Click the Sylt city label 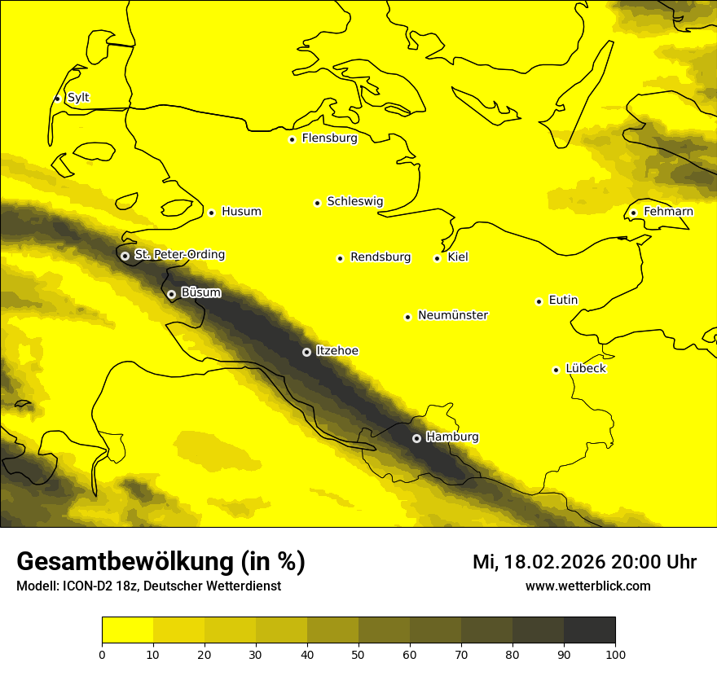78,98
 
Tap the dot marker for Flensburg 292,139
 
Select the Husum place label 241,212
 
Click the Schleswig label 354,201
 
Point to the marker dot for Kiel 438,258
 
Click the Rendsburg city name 380,257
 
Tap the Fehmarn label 668,212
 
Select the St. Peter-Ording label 179,255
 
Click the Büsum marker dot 171,294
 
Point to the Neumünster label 453,315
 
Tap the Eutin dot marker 539,301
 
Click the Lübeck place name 585,368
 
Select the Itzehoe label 337,351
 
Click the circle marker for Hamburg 416,438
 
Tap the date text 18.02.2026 554,562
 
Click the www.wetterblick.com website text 587,586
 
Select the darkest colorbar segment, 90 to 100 589,630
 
